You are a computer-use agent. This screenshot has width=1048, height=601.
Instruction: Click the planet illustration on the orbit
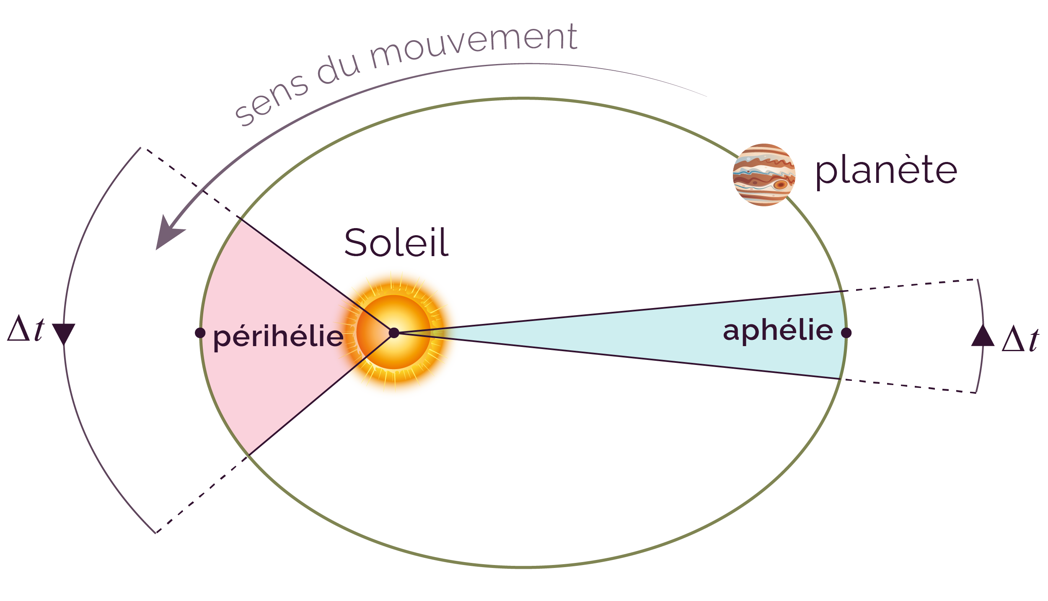tap(764, 175)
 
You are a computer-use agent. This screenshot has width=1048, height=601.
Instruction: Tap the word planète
tap(886, 171)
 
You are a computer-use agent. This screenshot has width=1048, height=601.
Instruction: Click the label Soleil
tap(396, 243)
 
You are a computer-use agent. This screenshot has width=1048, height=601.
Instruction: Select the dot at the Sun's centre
tap(394, 333)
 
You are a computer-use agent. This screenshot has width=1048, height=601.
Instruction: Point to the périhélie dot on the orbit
tap(200, 333)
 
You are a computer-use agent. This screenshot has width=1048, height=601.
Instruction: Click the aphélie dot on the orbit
tap(846, 333)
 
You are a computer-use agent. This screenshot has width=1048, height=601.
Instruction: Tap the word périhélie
tap(278, 337)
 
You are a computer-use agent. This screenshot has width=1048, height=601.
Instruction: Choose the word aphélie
tap(778, 331)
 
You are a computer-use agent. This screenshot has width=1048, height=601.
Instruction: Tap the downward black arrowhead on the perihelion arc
tap(64, 334)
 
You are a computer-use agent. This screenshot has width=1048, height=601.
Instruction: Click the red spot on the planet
tap(780, 185)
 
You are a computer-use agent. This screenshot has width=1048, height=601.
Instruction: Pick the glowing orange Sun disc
tap(394, 332)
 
